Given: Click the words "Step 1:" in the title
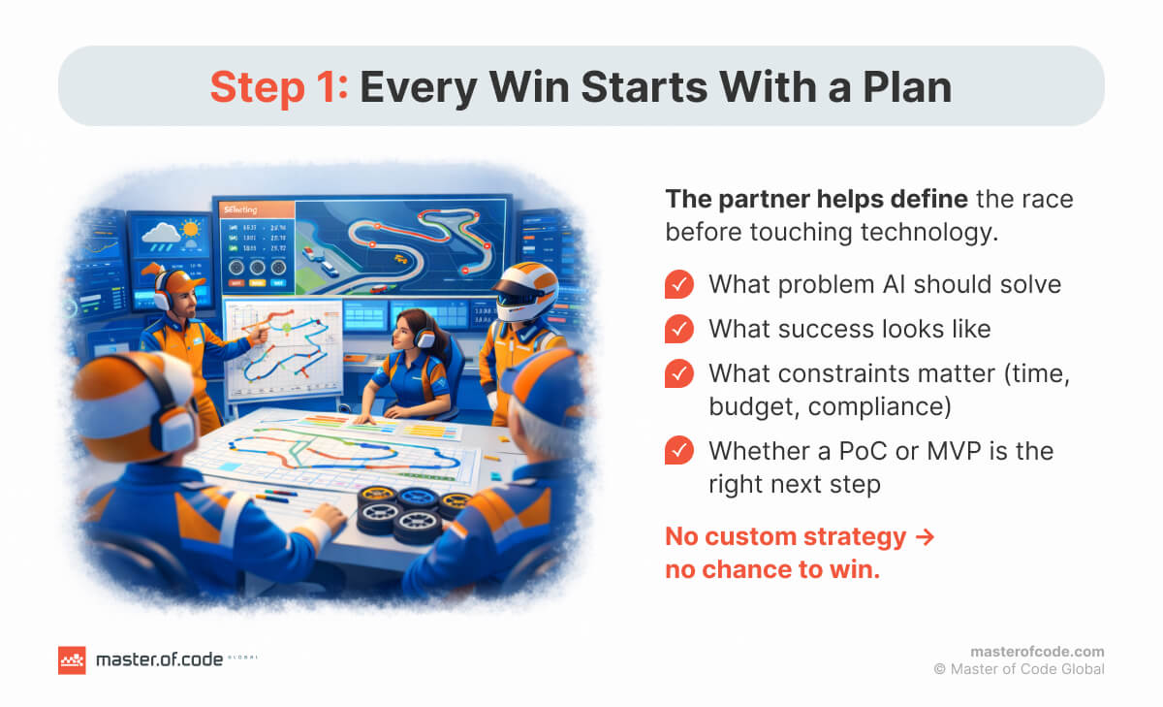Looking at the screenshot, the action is [279, 86].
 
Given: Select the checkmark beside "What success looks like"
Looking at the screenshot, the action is [679, 329].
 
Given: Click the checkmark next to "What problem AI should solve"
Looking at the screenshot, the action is [679, 284].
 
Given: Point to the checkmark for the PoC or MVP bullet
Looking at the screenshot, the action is [679, 450].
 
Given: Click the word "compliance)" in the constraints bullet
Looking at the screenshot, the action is [880, 406].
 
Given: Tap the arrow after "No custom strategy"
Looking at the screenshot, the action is [925, 536].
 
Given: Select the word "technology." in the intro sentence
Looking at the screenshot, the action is [927, 232].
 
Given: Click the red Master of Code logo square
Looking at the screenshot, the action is [72, 660].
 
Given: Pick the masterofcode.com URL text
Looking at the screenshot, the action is [1037, 652].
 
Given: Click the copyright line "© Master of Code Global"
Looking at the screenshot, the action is [1019, 669].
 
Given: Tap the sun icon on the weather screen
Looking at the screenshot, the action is [190, 229].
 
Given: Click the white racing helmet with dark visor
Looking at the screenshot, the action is [525, 291].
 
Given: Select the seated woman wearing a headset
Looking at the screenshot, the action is [413, 364].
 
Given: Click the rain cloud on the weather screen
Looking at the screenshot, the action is [162, 235].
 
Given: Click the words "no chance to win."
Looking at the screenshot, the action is [772, 569].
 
